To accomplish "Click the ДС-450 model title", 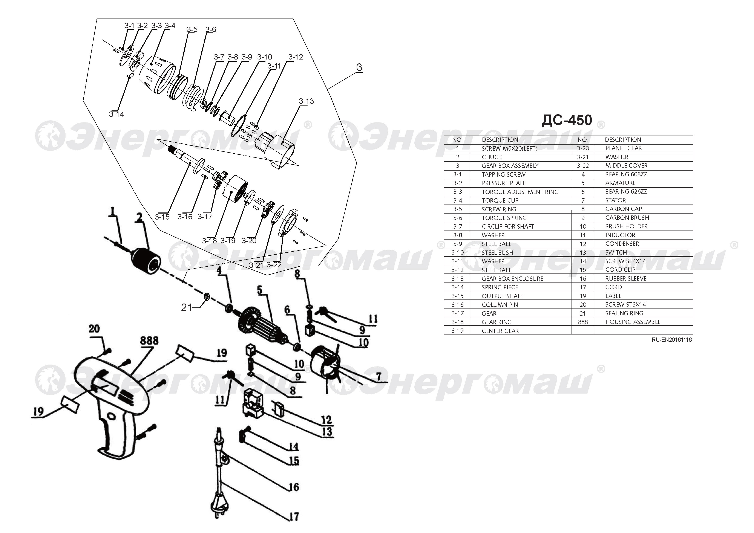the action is pyautogui.click(x=567, y=121).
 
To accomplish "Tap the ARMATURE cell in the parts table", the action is pyautogui.click(x=620, y=183).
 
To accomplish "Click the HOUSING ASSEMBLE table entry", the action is pyautogui.click(x=633, y=322).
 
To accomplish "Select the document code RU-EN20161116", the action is pyautogui.click(x=672, y=340).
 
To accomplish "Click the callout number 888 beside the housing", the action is pyautogui.click(x=149, y=341).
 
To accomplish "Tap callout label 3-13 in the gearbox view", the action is pyautogui.click(x=306, y=101).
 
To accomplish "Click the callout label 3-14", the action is pyautogui.click(x=116, y=114).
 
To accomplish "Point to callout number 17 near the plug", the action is pyautogui.click(x=294, y=517).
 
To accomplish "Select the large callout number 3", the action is pyautogui.click(x=359, y=67).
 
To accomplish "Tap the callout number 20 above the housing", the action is pyautogui.click(x=94, y=329).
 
